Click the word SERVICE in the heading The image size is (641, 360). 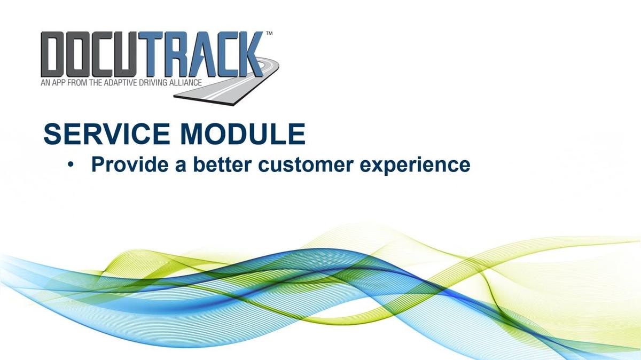[107, 134]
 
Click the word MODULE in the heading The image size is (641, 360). [243, 134]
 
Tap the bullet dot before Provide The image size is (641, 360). [71, 165]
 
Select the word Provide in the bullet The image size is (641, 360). [130, 165]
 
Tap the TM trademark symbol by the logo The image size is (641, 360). [269, 34]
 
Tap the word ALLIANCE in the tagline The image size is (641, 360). [186, 83]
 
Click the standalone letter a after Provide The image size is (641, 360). [181, 166]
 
